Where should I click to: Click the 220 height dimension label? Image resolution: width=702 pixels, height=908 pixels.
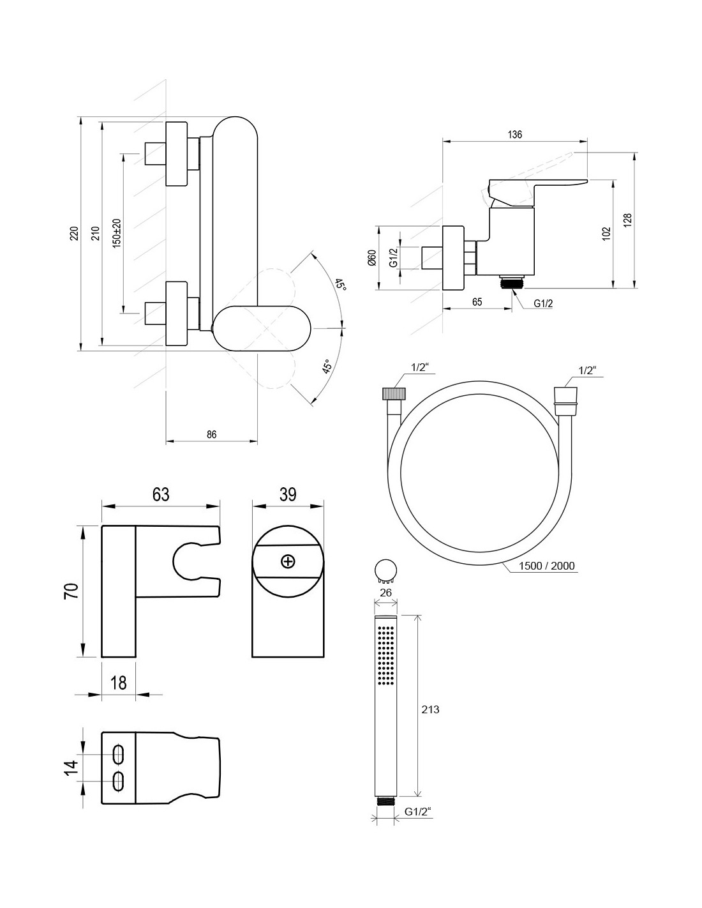pyautogui.click(x=73, y=234)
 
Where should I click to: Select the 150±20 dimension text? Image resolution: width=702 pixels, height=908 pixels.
pyautogui.click(x=116, y=233)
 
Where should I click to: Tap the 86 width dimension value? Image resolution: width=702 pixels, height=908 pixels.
pyautogui.click(x=212, y=434)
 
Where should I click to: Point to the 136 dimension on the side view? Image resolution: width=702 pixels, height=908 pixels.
pyautogui.click(x=515, y=135)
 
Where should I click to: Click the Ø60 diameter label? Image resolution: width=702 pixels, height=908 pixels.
pyautogui.click(x=371, y=257)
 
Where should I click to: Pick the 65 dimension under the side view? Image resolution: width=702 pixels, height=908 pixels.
pyautogui.click(x=477, y=302)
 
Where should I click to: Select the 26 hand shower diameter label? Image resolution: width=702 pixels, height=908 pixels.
pyautogui.click(x=385, y=592)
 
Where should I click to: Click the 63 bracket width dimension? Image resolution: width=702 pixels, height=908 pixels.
pyautogui.click(x=161, y=494)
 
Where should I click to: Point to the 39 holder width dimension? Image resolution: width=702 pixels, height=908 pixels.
pyautogui.click(x=288, y=494)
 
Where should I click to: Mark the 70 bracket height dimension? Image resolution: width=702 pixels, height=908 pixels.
pyautogui.click(x=71, y=590)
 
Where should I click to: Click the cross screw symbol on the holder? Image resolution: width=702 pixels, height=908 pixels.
pyautogui.click(x=288, y=561)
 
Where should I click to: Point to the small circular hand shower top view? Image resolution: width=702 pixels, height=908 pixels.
pyautogui.click(x=385, y=570)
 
